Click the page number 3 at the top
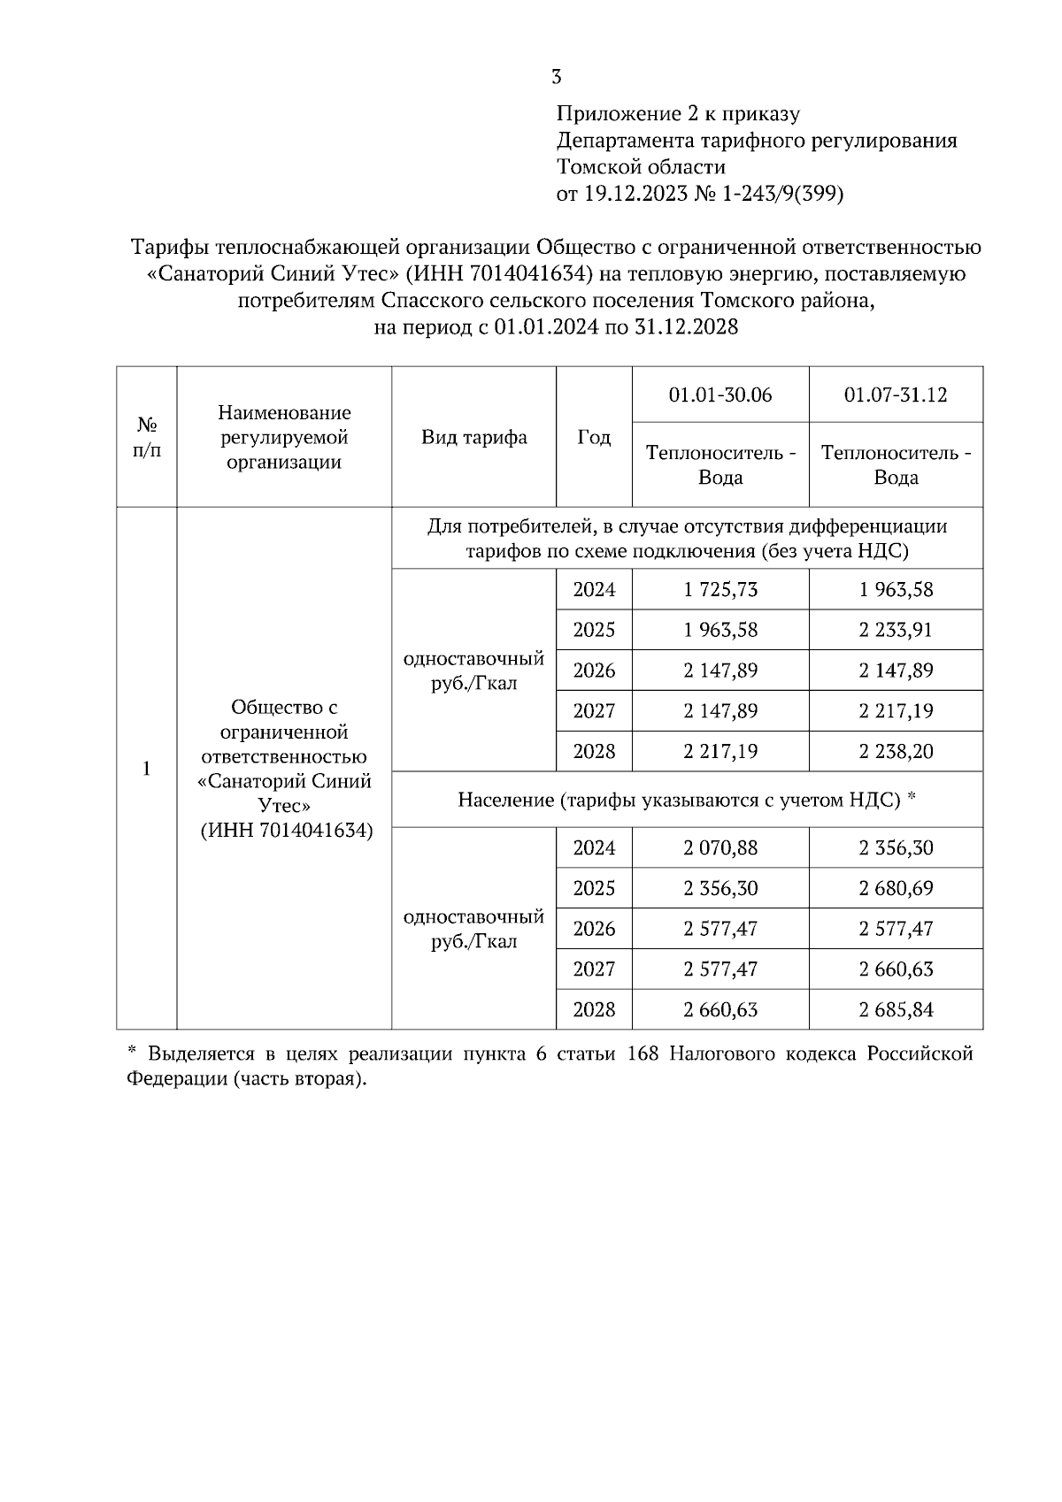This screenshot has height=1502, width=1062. (556, 77)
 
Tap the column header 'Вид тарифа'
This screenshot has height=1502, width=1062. (473, 437)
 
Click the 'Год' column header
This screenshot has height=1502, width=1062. (594, 437)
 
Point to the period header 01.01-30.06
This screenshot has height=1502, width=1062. (720, 395)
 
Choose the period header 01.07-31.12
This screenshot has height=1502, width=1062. (896, 395)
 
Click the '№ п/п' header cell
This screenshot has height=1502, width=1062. (147, 437)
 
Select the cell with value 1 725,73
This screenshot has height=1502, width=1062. (720, 589)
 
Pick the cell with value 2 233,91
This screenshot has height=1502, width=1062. (896, 630)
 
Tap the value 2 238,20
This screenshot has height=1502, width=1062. (896, 751)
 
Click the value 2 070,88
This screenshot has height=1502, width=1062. (720, 847)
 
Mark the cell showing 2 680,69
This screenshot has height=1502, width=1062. (896, 888)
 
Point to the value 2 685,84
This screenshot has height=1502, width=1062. (896, 1009)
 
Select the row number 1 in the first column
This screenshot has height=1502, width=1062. (147, 768)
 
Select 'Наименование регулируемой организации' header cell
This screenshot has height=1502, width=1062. (284, 437)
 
